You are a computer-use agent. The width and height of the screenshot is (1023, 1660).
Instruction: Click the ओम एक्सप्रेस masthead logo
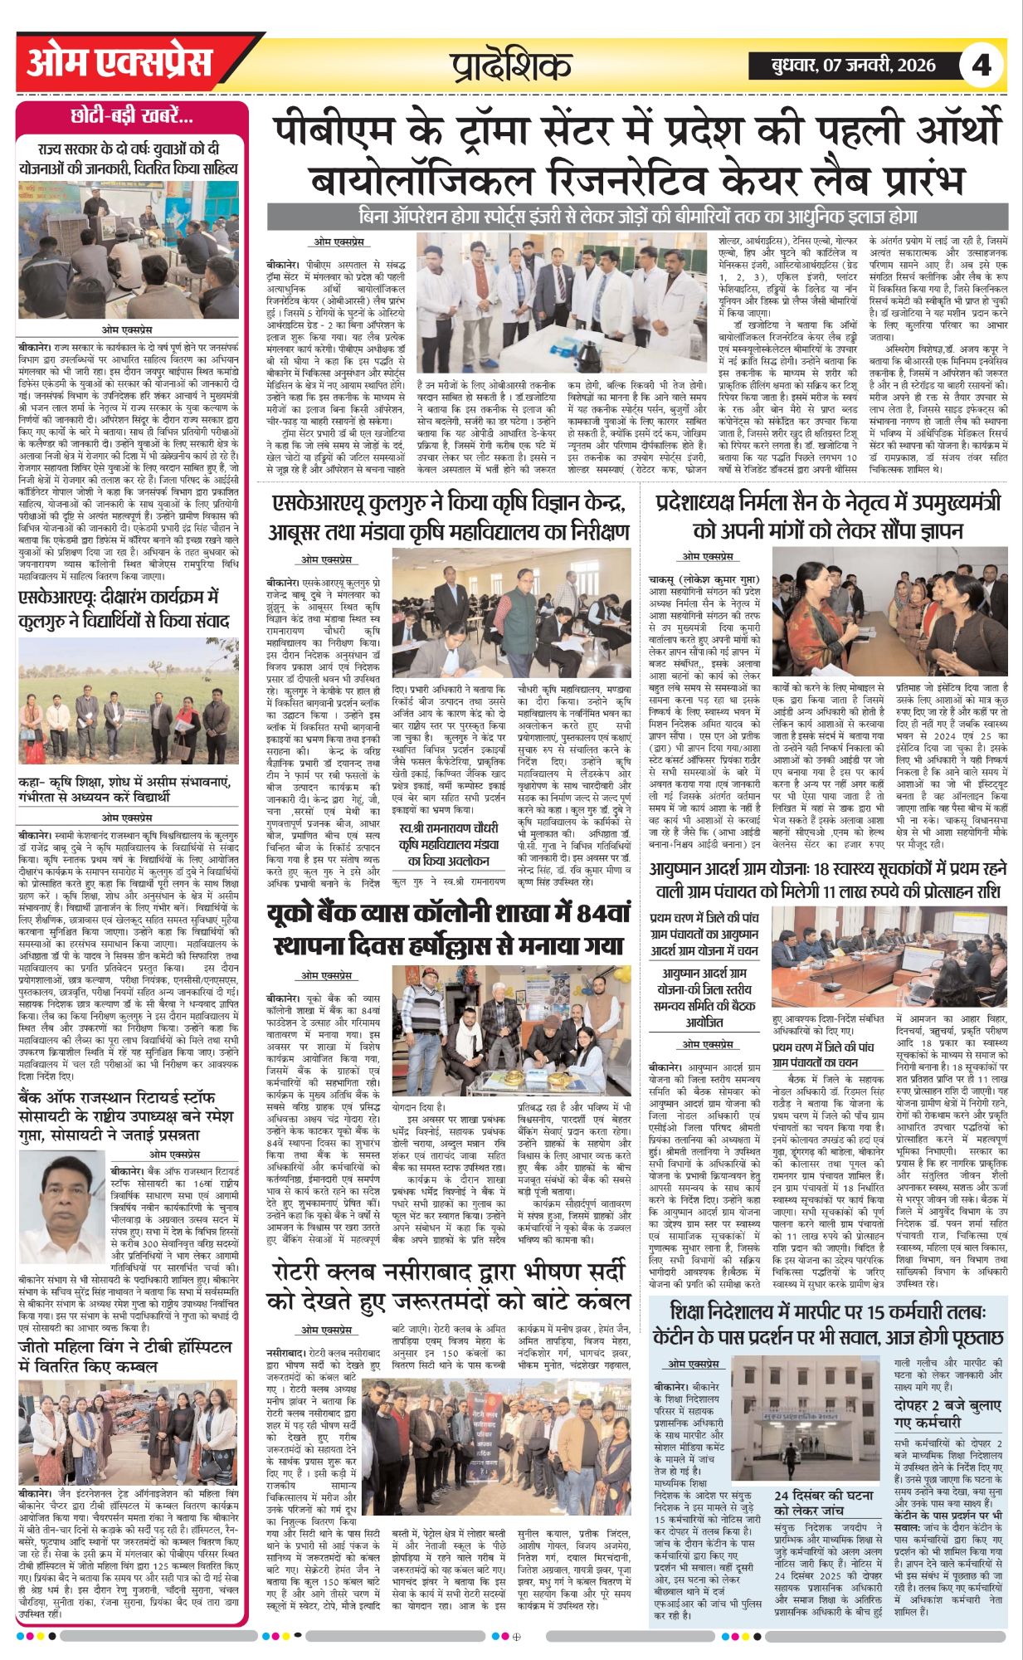(x=120, y=63)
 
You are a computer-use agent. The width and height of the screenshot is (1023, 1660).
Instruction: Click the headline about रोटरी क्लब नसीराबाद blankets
(x=452, y=1286)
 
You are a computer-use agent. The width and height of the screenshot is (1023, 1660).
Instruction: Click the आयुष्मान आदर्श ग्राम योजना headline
(x=828, y=880)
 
